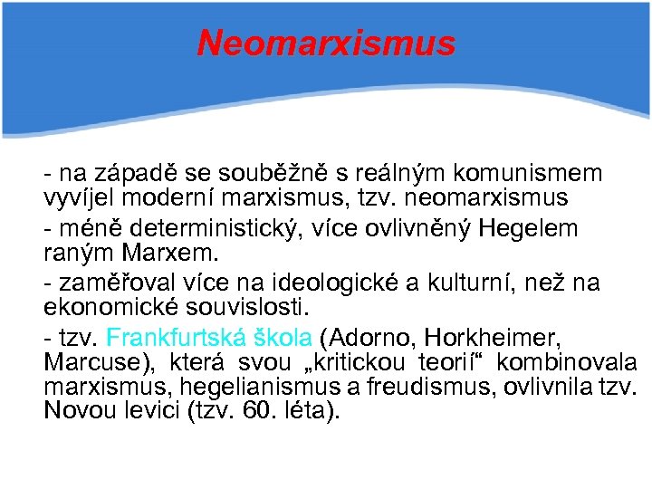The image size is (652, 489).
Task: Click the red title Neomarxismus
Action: tap(326, 43)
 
